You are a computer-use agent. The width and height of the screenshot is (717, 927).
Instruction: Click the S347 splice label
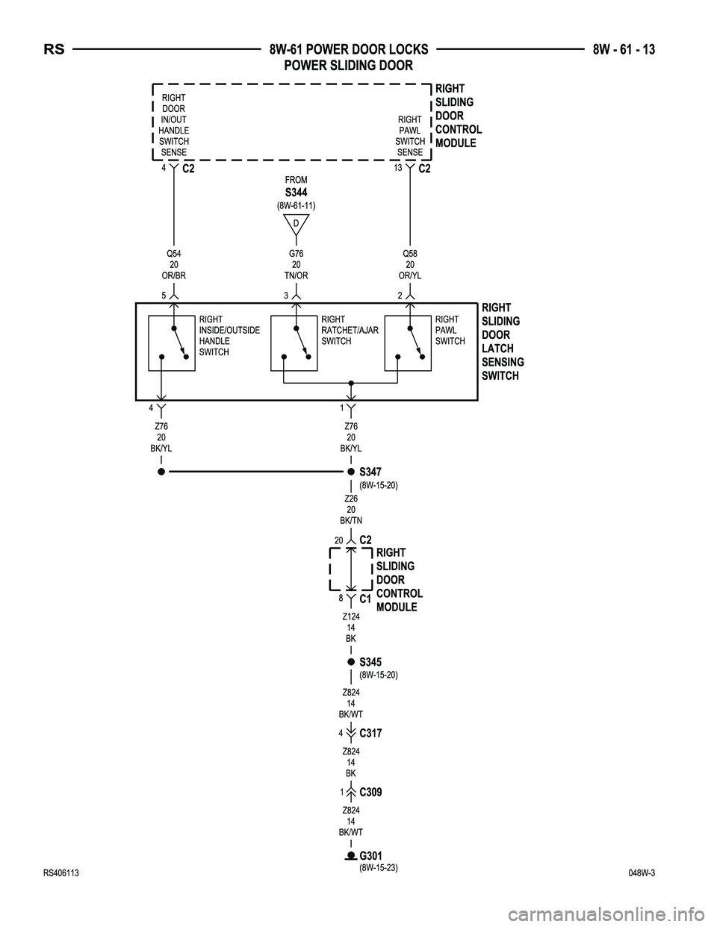pos(370,472)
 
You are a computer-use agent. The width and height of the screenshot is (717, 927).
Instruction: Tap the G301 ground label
pos(370,855)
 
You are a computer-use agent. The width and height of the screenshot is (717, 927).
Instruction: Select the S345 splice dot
pos(350,662)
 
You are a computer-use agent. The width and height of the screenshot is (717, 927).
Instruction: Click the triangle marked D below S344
pos(296,224)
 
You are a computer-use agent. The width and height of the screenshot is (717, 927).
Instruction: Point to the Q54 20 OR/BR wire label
pos(173,264)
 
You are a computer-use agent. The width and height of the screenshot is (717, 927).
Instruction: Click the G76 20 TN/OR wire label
pos(296,264)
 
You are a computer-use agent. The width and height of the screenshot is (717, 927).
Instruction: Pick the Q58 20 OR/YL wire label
pos(410,264)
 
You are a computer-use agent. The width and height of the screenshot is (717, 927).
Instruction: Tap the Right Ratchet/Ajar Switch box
pos(294,343)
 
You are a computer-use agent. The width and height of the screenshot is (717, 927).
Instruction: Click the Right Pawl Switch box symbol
pos(408,343)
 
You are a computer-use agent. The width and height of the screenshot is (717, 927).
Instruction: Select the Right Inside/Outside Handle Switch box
pos(172,343)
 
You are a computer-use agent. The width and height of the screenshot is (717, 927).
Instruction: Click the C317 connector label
pos(370,734)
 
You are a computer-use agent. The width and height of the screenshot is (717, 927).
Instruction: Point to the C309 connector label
pos(370,792)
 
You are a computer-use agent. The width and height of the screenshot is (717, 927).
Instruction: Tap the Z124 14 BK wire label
pos(350,628)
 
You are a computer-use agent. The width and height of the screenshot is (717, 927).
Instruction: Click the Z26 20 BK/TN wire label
pos(350,509)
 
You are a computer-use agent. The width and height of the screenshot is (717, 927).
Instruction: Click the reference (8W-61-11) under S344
pos(296,205)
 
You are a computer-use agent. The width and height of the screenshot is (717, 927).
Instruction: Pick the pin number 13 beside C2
pos(398,167)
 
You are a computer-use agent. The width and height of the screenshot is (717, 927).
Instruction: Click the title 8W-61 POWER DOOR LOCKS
pos(349,50)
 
